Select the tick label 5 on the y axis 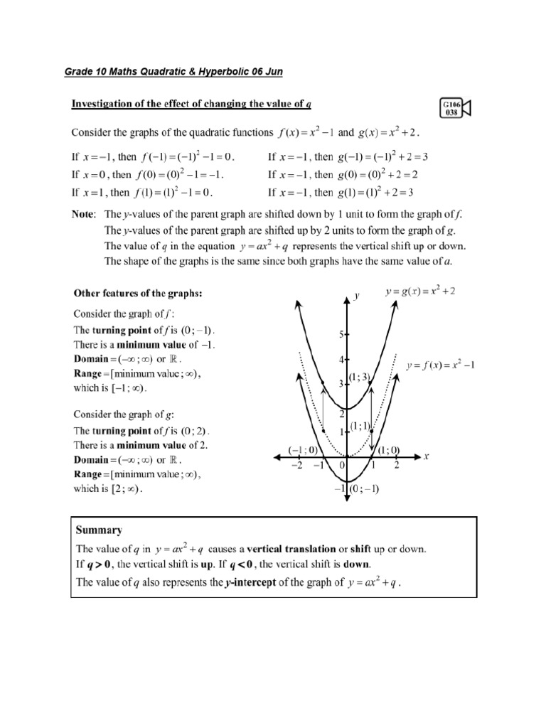341,333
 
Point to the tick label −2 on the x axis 295,465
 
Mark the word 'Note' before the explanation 84,213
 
